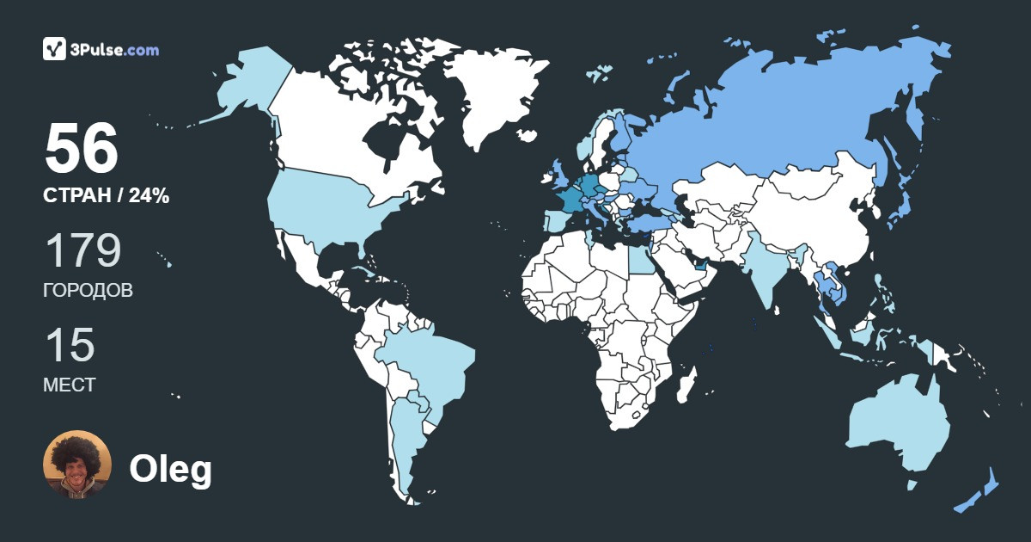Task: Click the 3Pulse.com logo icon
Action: tap(55, 49)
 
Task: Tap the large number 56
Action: tap(82, 150)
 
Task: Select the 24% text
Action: tap(149, 196)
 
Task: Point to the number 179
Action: tap(82, 251)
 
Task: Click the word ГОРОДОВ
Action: tap(88, 291)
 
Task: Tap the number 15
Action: tap(70, 345)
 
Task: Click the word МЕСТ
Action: tap(70, 385)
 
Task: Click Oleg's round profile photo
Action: tap(77, 465)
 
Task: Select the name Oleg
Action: tap(170, 470)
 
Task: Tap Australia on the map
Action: tap(898, 426)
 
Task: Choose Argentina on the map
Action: tap(404, 439)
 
